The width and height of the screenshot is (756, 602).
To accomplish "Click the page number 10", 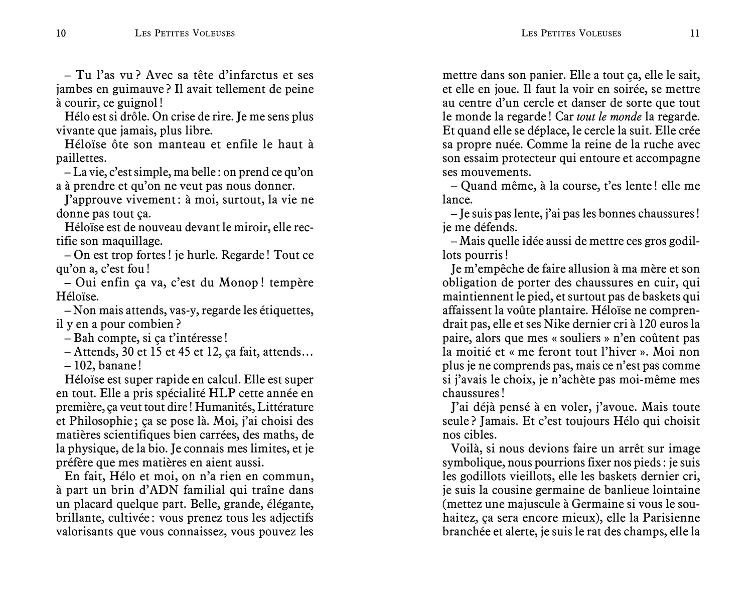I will pos(61,34).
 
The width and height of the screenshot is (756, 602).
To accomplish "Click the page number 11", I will pos(694,34).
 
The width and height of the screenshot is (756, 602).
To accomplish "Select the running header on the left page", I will pos(185,34).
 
